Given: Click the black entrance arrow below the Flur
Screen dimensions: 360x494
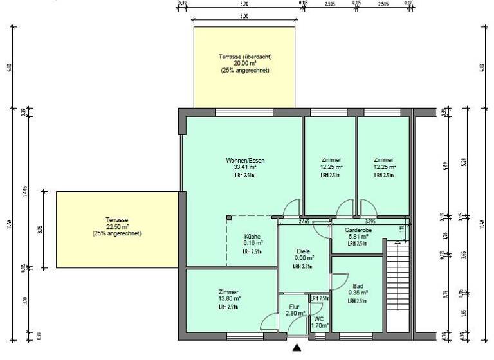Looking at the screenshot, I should pyautogui.click(x=297, y=348).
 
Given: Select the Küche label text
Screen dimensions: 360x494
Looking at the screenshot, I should pyautogui.click(x=253, y=236).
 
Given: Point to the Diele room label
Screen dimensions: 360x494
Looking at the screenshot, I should pyautogui.click(x=303, y=251).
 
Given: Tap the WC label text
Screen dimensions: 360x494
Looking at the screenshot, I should pyautogui.click(x=319, y=318).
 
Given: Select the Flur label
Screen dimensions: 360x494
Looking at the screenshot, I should pyautogui.click(x=294, y=307).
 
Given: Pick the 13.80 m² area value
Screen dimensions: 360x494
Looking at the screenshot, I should pyautogui.click(x=229, y=299).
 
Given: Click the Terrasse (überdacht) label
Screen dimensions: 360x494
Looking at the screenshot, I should pyautogui.click(x=244, y=58).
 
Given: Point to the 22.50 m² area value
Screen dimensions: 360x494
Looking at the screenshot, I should pyautogui.click(x=117, y=226).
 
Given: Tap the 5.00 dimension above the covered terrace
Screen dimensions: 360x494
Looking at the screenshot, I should pyautogui.click(x=244, y=16).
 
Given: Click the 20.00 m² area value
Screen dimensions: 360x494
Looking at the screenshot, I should pyautogui.click(x=244, y=64).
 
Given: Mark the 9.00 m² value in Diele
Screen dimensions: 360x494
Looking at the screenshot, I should pyautogui.click(x=303, y=258).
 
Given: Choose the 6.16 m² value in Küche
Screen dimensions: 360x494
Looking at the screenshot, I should pyautogui.click(x=253, y=244).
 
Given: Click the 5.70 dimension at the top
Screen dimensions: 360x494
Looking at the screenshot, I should pyautogui.click(x=244, y=3).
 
